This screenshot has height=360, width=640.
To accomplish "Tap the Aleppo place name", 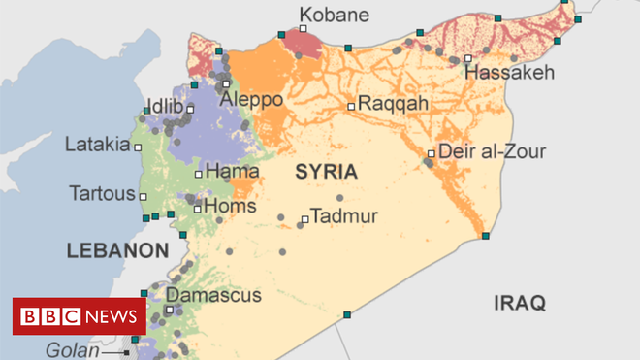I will pyautogui.click(x=251, y=100).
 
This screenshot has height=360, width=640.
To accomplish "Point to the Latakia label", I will pyautogui.click(x=97, y=145).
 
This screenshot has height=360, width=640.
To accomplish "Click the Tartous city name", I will pyautogui.click(x=102, y=192).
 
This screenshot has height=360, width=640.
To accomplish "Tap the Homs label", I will pyautogui.click(x=232, y=206).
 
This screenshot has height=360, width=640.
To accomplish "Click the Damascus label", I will pyautogui.click(x=213, y=294).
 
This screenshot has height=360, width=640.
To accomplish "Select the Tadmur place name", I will pyautogui.click(x=344, y=216).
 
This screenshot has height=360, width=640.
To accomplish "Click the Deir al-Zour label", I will pyautogui.click(x=492, y=151).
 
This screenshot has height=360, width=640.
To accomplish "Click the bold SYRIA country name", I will pyautogui.click(x=327, y=172).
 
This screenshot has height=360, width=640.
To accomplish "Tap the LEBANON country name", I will pyautogui.click(x=117, y=250).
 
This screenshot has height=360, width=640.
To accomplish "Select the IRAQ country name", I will pyautogui.click(x=520, y=302).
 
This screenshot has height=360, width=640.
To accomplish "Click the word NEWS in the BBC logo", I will pyautogui.click(x=112, y=316).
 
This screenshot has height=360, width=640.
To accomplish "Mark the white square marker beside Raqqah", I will pyautogui.click(x=351, y=105).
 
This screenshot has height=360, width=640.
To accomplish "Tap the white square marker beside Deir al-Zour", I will pyautogui.click(x=432, y=152).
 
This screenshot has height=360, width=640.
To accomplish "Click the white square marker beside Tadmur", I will pyautogui.click(x=304, y=219).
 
